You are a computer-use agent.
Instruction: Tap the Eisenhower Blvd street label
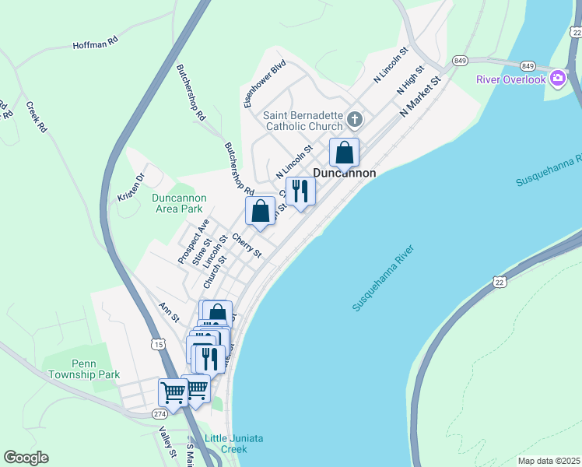[254, 83]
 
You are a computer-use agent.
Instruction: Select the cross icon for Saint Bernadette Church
[354, 119]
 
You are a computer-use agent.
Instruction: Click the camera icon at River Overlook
[557, 78]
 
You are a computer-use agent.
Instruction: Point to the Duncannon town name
[345, 174]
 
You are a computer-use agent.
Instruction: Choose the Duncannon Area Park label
[177, 203]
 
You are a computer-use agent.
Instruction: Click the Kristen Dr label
[131, 186]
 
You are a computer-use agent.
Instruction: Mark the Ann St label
[170, 313]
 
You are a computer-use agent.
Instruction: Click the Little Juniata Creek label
[233, 444]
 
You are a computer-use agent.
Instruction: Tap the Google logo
[26, 458]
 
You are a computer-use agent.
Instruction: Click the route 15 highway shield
[159, 343]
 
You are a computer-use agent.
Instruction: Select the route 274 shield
[160, 413]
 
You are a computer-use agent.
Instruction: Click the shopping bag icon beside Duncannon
[344, 153]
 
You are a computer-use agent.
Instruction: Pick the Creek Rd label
[37, 116]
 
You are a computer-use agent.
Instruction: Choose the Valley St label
[165, 443]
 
